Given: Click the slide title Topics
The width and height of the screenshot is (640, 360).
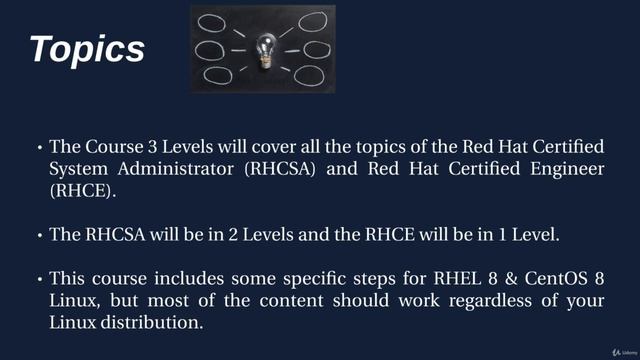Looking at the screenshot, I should pos(87,49).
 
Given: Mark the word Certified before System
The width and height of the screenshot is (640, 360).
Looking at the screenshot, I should pos(562,147).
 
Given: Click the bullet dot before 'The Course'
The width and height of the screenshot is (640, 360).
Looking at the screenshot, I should pos(39,148).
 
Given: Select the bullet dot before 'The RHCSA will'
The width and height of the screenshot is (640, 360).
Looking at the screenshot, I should pos(39,236).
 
